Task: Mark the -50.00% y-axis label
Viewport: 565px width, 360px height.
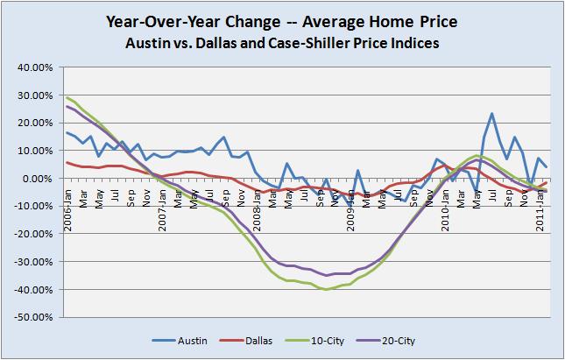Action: tap(33, 317)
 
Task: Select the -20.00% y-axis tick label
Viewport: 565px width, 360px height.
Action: tap(33, 234)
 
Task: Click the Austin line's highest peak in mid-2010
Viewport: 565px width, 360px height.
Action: tap(491, 114)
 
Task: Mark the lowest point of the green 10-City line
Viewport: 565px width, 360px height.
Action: tap(327, 289)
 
